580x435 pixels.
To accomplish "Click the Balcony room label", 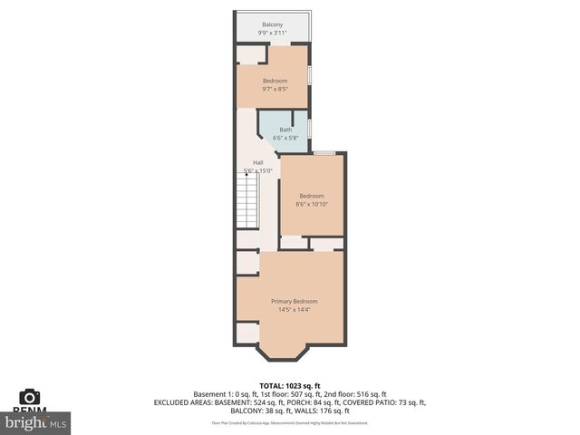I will coord(273,24).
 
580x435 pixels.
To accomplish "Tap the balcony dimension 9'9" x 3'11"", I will coord(273,33).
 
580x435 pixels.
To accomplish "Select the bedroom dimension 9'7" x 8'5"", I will coord(275,89).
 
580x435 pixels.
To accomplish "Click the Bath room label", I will coord(285,130).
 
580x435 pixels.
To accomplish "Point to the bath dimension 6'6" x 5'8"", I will coord(285,138).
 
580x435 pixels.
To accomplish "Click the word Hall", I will coord(258,162).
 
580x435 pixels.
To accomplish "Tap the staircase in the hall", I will coord(247,201).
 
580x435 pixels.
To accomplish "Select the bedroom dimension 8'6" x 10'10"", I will coord(312,204).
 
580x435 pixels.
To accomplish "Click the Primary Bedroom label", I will coord(294,301).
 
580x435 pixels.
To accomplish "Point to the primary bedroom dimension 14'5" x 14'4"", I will coord(294,310).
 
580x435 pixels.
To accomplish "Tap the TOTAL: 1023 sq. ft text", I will coord(290,385).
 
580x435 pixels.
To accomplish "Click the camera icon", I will coord(30,397).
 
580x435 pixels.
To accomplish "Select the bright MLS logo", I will coord(36,422).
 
